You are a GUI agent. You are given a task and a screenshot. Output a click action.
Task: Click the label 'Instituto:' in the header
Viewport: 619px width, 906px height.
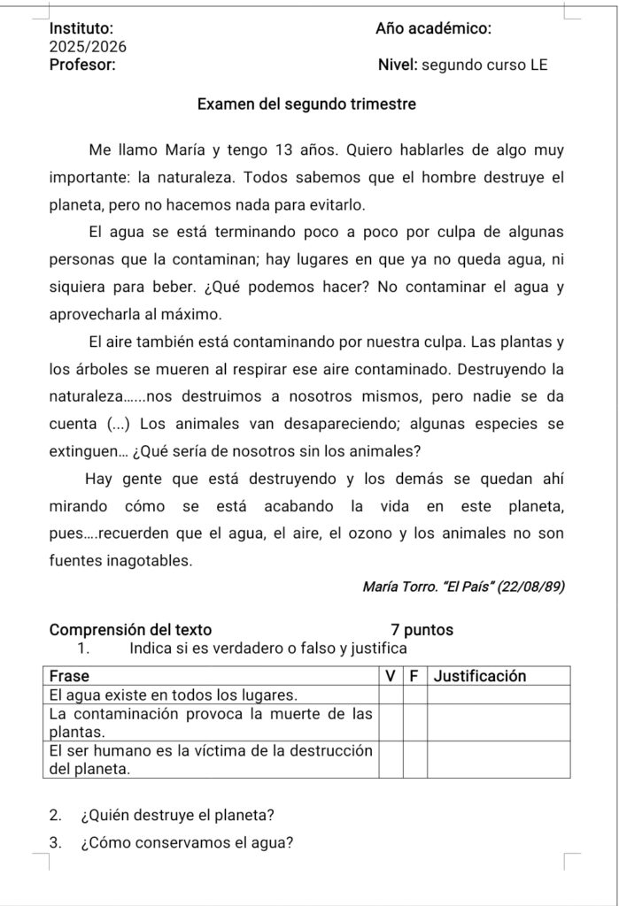(81, 28)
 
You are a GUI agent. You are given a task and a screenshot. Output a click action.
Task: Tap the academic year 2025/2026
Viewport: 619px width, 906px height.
(88, 46)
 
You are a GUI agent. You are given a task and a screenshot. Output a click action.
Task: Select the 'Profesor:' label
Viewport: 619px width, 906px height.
(81, 64)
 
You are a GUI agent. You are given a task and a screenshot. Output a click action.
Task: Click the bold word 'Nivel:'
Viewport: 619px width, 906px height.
(398, 65)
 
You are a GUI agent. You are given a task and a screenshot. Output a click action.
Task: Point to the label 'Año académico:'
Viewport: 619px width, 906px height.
(433, 28)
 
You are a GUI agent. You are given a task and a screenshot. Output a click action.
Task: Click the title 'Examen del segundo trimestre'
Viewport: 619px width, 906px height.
(306, 104)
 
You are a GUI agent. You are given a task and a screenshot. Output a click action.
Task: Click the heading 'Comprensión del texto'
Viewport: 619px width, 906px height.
(131, 630)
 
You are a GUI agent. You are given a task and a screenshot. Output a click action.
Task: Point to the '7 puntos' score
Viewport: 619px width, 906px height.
(422, 630)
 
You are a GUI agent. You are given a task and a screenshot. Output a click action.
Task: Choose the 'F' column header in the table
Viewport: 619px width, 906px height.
(414, 677)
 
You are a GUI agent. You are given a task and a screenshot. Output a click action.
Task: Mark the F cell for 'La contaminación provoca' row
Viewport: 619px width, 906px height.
(414, 722)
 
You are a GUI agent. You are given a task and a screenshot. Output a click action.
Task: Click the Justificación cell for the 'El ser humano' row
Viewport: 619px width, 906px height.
(498, 759)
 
